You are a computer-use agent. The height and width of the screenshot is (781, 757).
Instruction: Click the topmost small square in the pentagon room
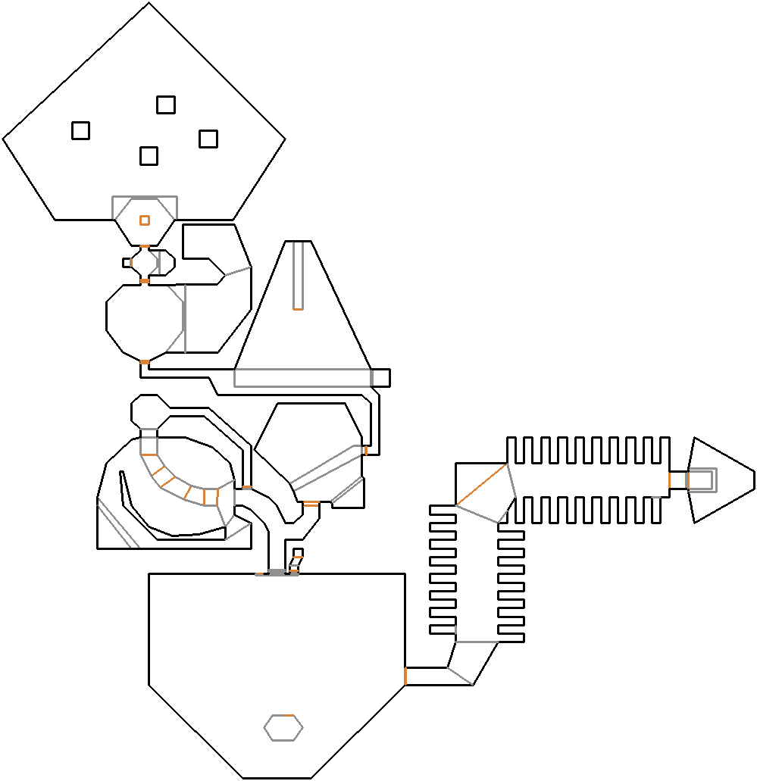165,105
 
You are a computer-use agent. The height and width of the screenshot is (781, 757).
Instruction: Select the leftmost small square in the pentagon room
80,130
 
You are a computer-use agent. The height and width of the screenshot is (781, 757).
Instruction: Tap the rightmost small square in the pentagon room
208,139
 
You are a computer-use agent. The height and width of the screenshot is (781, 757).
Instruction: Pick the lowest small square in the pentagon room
149,156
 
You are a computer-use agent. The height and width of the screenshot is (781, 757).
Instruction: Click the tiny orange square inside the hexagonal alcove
144,220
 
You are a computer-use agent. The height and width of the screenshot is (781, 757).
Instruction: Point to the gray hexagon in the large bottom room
283,728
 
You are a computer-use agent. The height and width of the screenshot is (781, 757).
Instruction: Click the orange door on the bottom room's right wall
405,676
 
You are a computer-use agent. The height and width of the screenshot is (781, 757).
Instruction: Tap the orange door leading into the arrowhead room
669,480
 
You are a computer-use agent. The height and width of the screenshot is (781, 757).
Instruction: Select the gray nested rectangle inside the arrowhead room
701,480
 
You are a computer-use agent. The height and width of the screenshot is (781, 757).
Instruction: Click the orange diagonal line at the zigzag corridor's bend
482,485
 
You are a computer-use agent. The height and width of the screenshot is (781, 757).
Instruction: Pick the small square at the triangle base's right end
380,377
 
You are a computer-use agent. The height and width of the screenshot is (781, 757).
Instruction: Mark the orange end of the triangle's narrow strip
298,309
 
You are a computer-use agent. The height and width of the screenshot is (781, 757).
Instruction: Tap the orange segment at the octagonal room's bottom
144,363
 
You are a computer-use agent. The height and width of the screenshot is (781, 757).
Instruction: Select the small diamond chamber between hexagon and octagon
144,264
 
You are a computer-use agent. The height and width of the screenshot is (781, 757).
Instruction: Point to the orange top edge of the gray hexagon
283,716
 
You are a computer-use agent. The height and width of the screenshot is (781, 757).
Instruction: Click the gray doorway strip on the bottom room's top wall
277,572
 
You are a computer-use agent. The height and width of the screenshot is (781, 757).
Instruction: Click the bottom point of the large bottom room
277,778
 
